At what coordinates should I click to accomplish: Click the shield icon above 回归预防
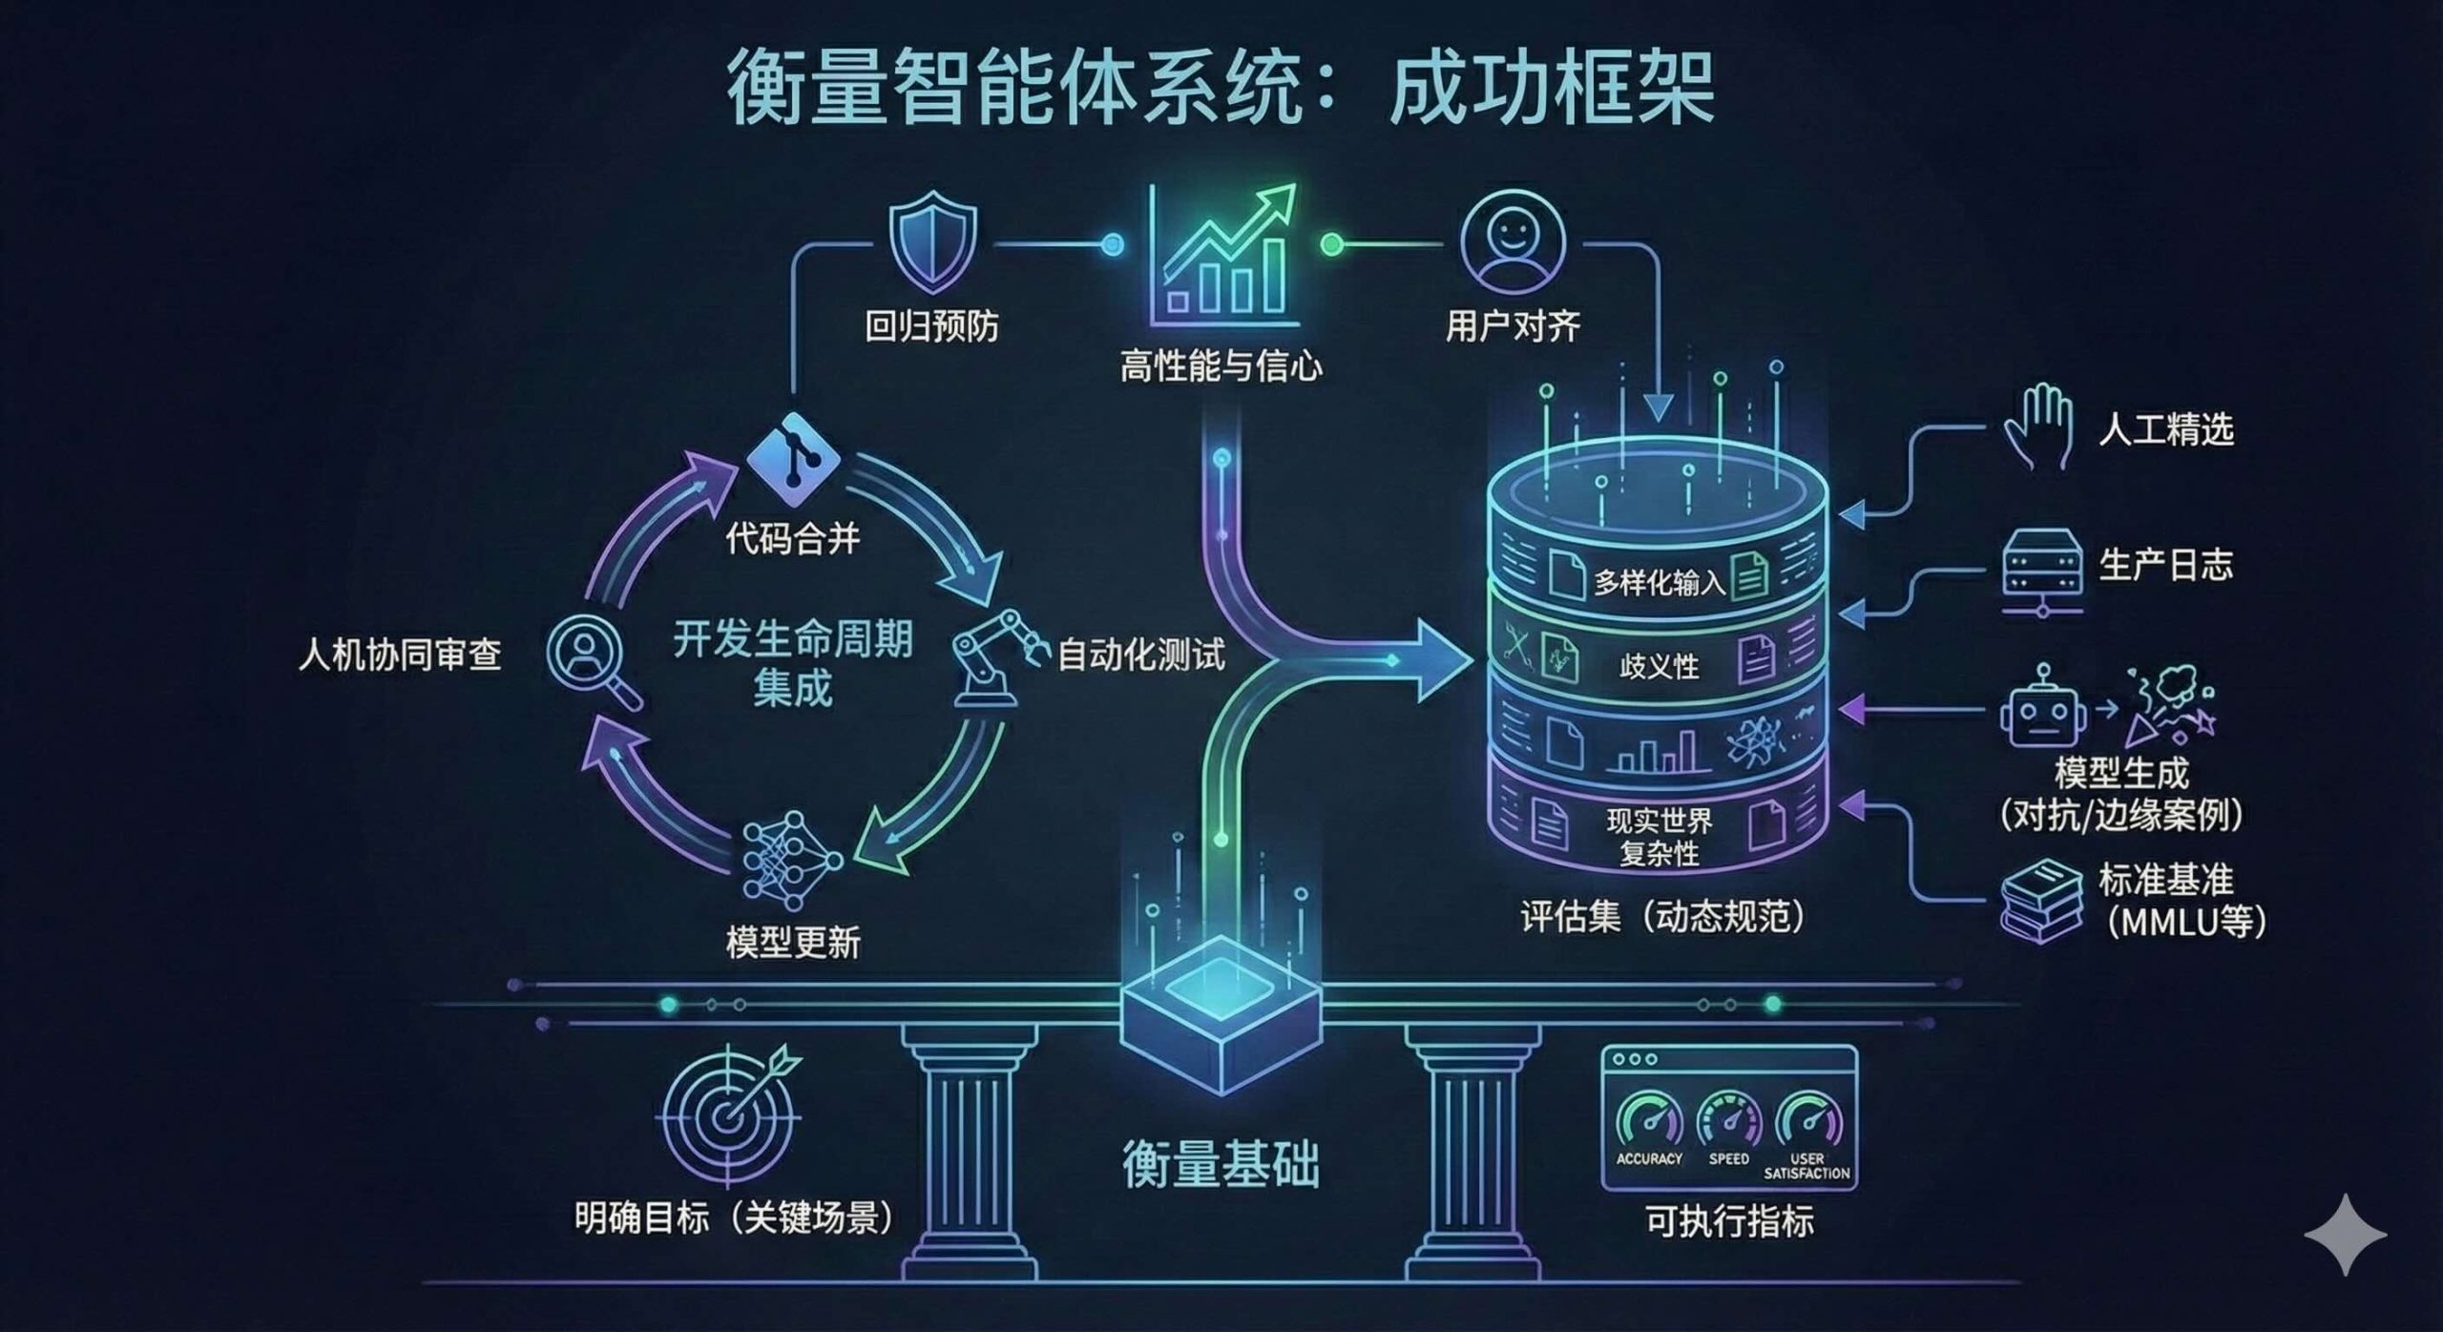pyautogui.click(x=932, y=242)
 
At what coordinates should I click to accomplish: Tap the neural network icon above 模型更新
pyautogui.click(x=792, y=860)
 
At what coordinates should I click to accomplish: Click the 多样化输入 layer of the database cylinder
pyautogui.click(x=1659, y=580)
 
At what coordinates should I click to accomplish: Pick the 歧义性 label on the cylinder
pyautogui.click(x=1659, y=665)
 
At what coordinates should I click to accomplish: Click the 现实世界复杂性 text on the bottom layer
pyautogui.click(x=1659, y=836)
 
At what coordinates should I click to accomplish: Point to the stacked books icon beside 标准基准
pyautogui.click(x=2041, y=901)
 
